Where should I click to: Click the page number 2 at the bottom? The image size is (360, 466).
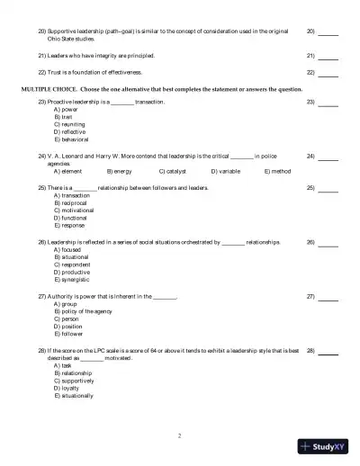coord(179,435)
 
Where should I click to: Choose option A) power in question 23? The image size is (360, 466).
coord(64,110)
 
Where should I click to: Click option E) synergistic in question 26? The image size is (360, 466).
coord(71,279)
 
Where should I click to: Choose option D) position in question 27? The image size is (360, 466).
coord(67,326)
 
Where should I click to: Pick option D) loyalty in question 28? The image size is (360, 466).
coord(66,388)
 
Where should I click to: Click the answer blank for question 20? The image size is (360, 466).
coord(328,32)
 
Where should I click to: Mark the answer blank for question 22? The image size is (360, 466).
coord(328,71)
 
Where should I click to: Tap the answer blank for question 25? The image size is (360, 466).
coord(328,189)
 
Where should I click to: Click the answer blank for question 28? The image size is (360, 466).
coord(328,351)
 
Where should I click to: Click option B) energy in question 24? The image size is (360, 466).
coord(119,169)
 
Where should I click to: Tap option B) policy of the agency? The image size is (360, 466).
coord(84,310)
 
